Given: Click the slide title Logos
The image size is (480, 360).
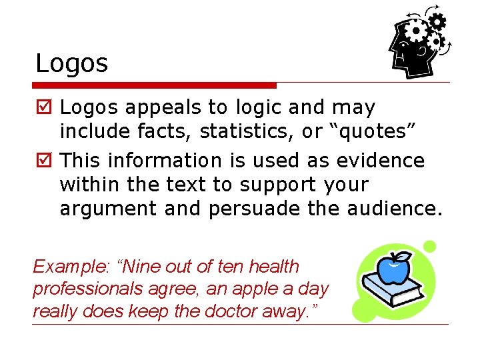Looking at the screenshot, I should [71, 64].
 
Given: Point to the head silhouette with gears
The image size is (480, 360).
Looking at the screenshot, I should [417, 43].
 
